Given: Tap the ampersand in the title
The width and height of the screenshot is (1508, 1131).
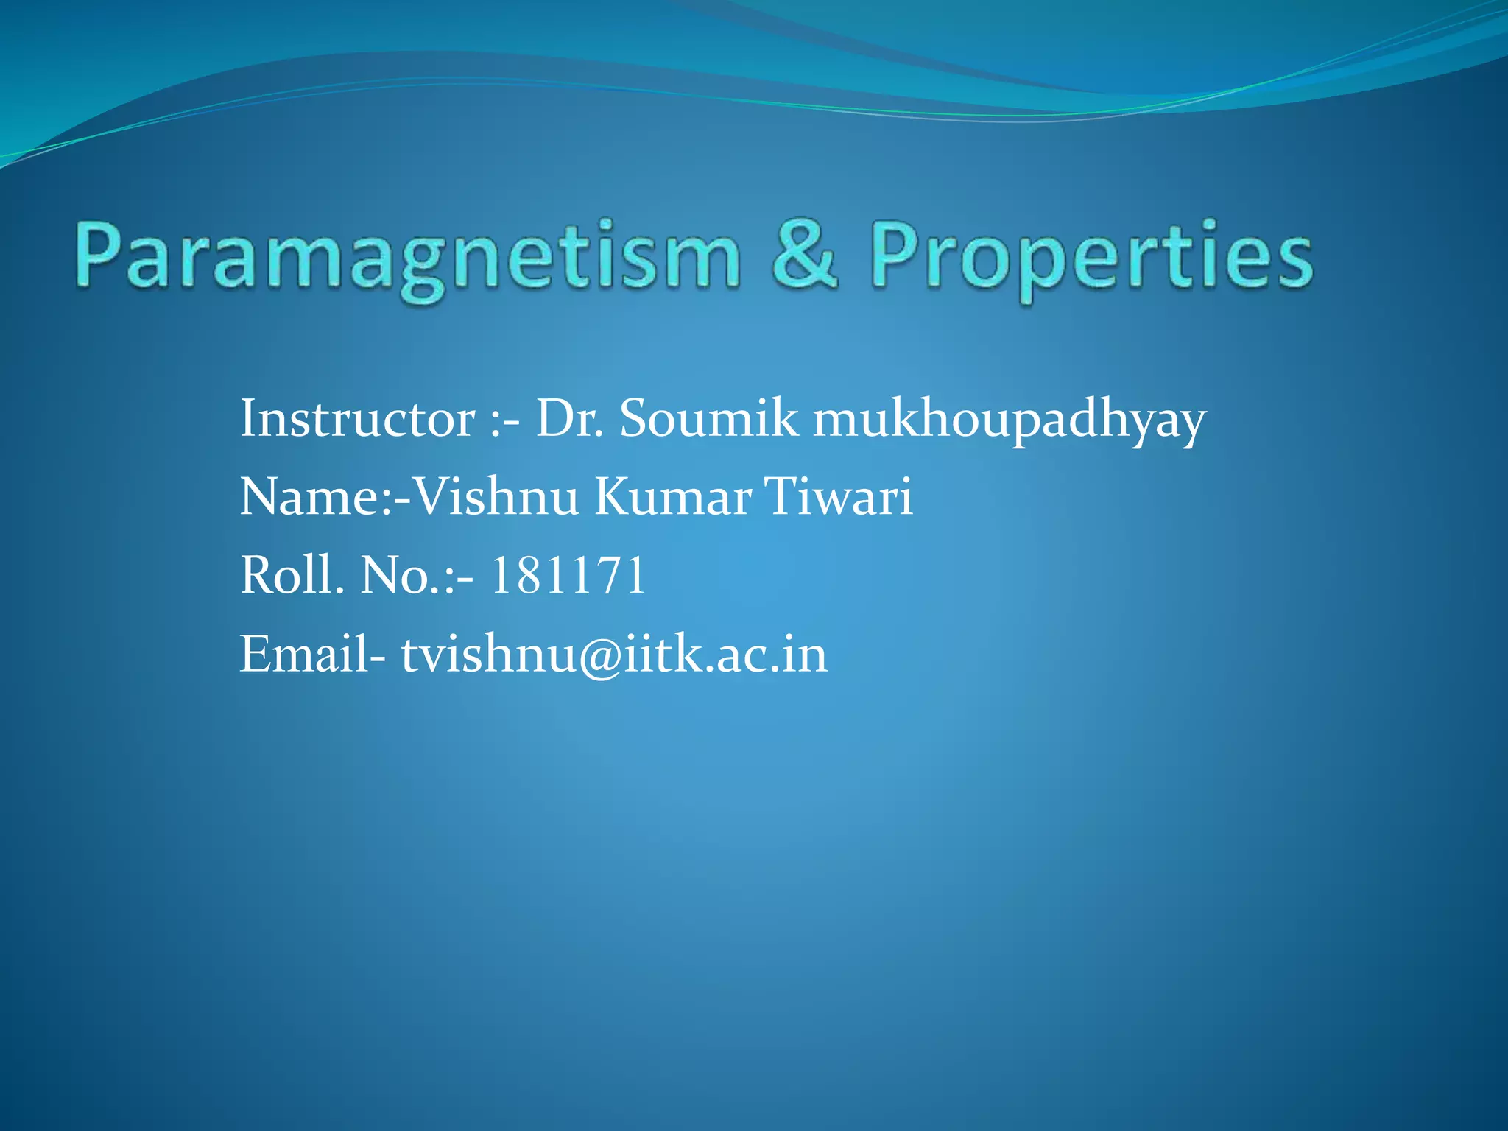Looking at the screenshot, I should tap(804, 254).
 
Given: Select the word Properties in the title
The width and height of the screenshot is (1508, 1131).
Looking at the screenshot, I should tap(1092, 258).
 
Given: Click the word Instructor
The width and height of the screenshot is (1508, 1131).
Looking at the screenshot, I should tap(357, 419).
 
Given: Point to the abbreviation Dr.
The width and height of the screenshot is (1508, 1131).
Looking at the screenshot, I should tap(569, 419).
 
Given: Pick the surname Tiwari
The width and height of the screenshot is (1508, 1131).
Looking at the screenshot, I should tap(839, 497).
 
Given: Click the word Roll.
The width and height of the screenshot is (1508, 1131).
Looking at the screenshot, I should tap(292, 575).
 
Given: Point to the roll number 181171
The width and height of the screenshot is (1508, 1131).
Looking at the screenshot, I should tap(568, 575).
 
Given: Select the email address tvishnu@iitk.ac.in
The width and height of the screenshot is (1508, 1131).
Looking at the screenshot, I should tap(614, 654).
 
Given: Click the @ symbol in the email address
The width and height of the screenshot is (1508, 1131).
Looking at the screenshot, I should tap(601, 655).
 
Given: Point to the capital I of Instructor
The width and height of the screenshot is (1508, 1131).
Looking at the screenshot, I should tap(248, 419).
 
